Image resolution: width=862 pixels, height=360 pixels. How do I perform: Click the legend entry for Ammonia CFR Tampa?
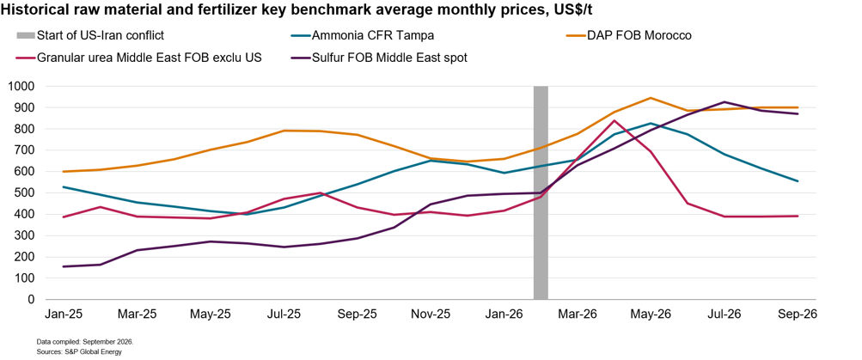click(362, 36)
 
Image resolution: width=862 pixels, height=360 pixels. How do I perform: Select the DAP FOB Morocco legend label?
click(628, 36)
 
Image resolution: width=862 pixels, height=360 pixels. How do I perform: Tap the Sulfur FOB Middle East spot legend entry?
click(378, 58)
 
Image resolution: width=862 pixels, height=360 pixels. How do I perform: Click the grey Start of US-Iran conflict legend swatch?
click(25, 36)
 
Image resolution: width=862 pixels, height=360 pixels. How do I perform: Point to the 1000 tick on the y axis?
click(22, 86)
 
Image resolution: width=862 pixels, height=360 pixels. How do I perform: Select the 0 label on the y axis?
click(33, 300)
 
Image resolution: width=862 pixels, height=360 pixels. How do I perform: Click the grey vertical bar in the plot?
click(541, 193)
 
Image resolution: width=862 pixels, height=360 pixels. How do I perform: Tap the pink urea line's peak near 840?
click(614, 120)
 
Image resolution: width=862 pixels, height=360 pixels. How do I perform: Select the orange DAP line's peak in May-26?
click(651, 98)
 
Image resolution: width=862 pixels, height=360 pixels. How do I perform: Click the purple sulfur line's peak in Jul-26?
click(724, 101)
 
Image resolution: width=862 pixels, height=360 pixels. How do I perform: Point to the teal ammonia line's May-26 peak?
click(651, 123)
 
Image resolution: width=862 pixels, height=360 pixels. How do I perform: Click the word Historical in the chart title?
click(33, 11)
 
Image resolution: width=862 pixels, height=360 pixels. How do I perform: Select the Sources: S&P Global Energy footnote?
click(78, 351)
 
